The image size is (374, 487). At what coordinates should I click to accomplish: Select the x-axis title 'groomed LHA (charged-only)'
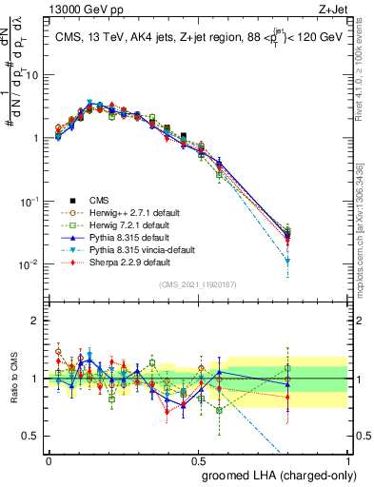(x=273, y=474)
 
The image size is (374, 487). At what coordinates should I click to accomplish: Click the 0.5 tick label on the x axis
(x=198, y=458)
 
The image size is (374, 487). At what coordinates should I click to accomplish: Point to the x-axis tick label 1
(x=349, y=458)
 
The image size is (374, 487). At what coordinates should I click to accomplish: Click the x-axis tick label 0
(x=49, y=458)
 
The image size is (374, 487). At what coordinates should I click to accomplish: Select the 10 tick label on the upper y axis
(x=31, y=75)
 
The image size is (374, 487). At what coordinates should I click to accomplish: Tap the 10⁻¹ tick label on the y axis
(x=29, y=201)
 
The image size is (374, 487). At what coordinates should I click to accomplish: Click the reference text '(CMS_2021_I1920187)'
(x=197, y=284)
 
